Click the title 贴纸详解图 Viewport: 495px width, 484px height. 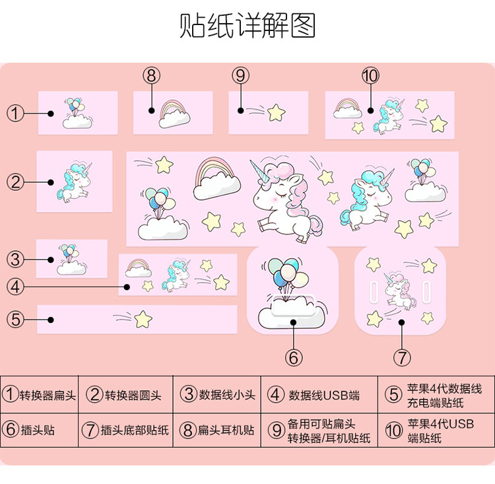(247, 26)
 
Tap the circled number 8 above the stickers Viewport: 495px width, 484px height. (151, 75)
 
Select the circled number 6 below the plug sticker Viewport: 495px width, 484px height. (294, 357)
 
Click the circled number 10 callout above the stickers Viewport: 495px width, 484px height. (370, 75)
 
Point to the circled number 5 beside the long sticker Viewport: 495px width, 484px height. (16, 320)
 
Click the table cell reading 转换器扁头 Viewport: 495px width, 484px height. (40, 396)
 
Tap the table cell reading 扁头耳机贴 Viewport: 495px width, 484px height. (217, 430)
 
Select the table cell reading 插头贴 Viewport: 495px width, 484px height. (40, 430)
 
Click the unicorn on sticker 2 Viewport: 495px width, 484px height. (73, 183)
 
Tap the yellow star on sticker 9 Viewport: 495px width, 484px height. (276, 112)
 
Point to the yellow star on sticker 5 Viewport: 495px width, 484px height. (143, 320)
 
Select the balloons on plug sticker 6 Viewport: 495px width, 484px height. (288, 273)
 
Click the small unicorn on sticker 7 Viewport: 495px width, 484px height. (400, 291)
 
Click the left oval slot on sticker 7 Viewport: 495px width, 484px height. (372, 290)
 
